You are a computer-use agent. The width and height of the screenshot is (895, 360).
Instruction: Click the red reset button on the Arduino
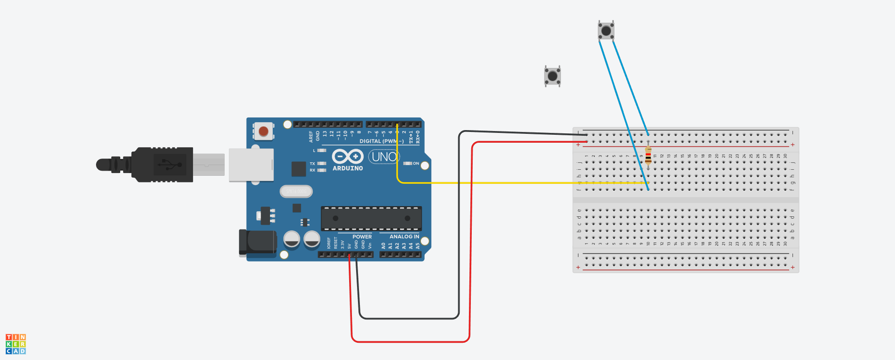click(263, 132)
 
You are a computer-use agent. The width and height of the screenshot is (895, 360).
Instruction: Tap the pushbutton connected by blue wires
click(606, 31)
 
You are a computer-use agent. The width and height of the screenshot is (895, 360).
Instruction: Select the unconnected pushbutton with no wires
click(552, 76)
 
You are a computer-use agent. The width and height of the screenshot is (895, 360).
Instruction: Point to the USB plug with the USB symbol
click(163, 164)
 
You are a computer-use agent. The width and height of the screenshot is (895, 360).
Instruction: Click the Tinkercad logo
click(15, 344)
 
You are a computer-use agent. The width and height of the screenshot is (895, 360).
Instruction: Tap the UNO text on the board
click(384, 157)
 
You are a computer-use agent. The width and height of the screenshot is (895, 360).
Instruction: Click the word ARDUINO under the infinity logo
click(348, 168)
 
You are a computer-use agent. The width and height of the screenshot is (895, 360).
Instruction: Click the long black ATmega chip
click(371, 218)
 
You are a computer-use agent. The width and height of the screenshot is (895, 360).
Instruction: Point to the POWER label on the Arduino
click(362, 237)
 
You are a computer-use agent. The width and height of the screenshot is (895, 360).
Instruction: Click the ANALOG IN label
click(404, 237)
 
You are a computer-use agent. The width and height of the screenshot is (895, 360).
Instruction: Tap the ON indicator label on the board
click(416, 164)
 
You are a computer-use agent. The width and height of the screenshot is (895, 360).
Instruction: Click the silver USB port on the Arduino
click(251, 165)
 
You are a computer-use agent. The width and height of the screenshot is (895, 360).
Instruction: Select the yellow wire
click(513, 183)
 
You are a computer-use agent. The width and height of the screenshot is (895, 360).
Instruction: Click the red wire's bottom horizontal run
click(410, 342)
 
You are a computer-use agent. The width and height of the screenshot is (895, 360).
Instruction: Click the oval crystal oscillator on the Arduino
click(296, 191)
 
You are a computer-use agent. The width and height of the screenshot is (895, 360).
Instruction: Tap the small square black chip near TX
click(298, 169)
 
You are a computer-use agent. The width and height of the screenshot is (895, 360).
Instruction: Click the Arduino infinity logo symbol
click(348, 157)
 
